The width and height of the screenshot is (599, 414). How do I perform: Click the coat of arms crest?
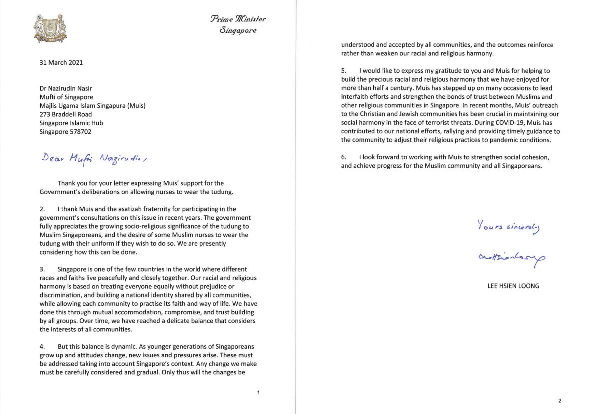pyautogui.click(x=50, y=29)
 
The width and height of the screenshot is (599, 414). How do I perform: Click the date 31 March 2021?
pyautogui.click(x=61, y=63)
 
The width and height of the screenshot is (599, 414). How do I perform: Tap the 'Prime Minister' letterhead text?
pyautogui.click(x=238, y=19)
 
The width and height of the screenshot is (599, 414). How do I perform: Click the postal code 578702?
pyautogui.click(x=80, y=132)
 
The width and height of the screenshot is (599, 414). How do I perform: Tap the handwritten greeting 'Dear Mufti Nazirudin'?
pyautogui.click(x=95, y=158)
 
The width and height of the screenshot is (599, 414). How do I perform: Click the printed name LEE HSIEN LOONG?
pyautogui.click(x=513, y=286)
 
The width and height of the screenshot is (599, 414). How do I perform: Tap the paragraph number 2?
pyautogui.click(x=42, y=209)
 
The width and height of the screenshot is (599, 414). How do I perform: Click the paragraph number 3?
pyautogui.click(x=42, y=269)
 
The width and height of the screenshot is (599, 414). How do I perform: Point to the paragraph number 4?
pyautogui.click(x=42, y=347)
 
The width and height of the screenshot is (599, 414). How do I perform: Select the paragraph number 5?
pyautogui.click(x=344, y=71)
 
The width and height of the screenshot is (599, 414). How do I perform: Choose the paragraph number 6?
pyautogui.click(x=344, y=157)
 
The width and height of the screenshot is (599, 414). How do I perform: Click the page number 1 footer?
pyautogui.click(x=258, y=393)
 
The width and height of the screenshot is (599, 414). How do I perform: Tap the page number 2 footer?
pyautogui.click(x=560, y=401)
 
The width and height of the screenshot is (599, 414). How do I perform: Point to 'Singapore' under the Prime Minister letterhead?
pyautogui.click(x=238, y=30)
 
